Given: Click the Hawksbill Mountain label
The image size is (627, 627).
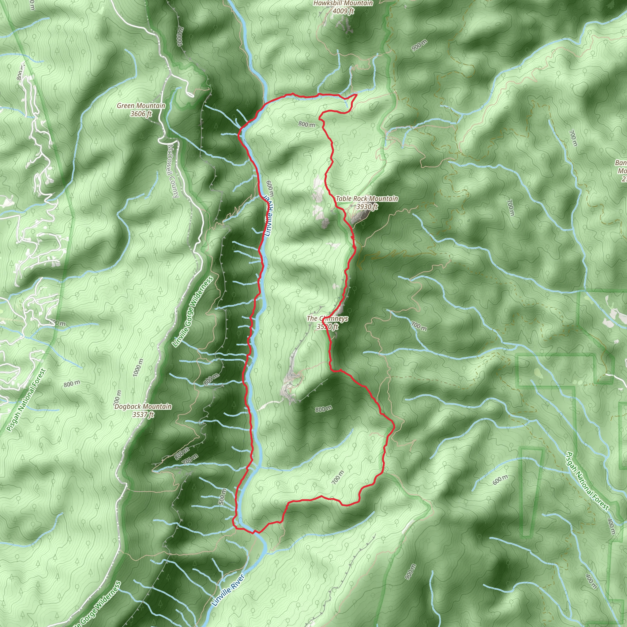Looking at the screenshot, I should tap(343, 3).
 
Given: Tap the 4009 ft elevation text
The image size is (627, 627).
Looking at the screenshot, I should tap(343, 11).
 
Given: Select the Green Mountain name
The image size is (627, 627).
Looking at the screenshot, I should tap(141, 106).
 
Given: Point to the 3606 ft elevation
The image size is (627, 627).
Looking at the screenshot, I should tap(141, 114).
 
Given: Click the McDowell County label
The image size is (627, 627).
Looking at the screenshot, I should tap(173, 171).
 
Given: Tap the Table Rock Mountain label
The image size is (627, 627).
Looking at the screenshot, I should tap(367, 198).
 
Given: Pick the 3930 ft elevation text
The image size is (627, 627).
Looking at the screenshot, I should tap(367, 206).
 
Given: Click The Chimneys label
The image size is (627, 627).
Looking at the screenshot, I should tap(327, 318).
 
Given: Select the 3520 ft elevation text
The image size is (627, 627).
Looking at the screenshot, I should tap(327, 326).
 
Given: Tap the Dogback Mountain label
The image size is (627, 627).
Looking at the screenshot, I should tap(143, 406).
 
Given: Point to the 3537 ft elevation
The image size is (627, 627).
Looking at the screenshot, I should tap(143, 415).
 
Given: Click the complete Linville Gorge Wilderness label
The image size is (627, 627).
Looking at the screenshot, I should tap(193, 312).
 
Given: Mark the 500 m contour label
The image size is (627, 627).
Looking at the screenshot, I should tap(222, 497).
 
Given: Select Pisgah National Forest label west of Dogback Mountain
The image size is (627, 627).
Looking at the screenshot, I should tap(26, 400).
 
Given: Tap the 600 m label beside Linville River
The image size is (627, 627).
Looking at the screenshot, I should tap(270, 189).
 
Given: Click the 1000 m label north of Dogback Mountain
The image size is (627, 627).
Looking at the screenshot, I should tap(138, 368).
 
